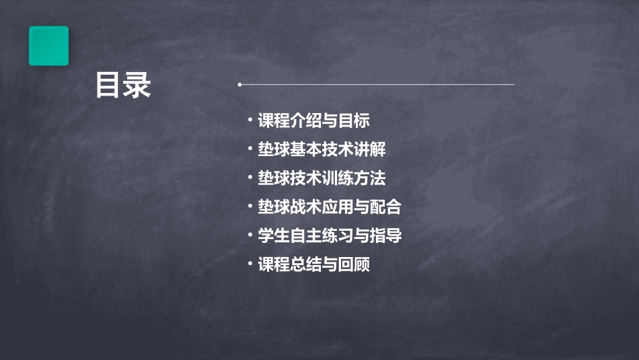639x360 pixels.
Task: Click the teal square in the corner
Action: pyautogui.click(x=48, y=46)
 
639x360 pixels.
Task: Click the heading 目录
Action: pyautogui.click(x=122, y=86)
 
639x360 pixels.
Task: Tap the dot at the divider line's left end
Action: pyautogui.click(x=239, y=85)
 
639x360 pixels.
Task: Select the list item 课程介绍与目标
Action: pyautogui.click(x=313, y=121)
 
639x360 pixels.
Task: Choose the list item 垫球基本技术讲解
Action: pyautogui.click(x=322, y=149)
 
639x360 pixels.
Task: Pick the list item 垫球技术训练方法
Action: pyautogui.click(x=322, y=178)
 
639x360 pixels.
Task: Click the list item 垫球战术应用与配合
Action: pyautogui.click(x=330, y=207)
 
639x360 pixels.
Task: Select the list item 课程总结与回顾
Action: pyautogui.click(x=313, y=264)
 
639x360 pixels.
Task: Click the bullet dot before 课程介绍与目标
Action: pyautogui.click(x=250, y=121)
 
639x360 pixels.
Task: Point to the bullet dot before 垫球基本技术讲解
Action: pyautogui.click(x=250, y=149)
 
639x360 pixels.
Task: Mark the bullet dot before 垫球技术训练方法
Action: pyautogui.click(x=250, y=178)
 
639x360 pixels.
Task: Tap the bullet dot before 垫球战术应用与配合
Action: pyautogui.click(x=250, y=207)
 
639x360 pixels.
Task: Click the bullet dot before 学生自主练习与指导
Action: pyautogui.click(x=250, y=236)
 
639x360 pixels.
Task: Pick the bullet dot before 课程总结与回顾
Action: pyautogui.click(x=250, y=264)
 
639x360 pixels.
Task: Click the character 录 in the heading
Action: pyautogui.click(x=137, y=86)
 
